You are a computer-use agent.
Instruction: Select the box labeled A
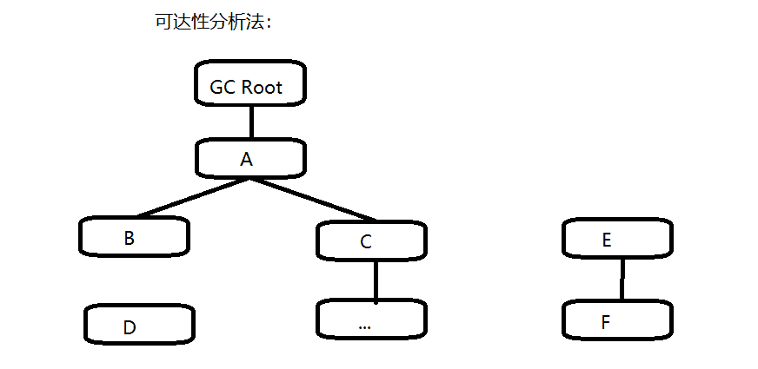[x=250, y=158]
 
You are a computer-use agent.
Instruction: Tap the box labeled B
[x=134, y=237]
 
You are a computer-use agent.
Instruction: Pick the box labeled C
[x=371, y=241]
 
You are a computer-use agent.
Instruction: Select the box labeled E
[x=618, y=237]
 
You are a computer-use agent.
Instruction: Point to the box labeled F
[x=618, y=321]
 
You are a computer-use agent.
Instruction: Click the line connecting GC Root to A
[x=251, y=121]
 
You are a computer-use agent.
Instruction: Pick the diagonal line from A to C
[x=313, y=199]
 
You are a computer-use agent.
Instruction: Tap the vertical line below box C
[x=376, y=280]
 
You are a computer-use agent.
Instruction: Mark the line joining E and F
[x=622, y=278]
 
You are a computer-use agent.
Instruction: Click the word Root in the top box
[x=263, y=88]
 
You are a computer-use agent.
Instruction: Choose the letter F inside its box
[x=606, y=323]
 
